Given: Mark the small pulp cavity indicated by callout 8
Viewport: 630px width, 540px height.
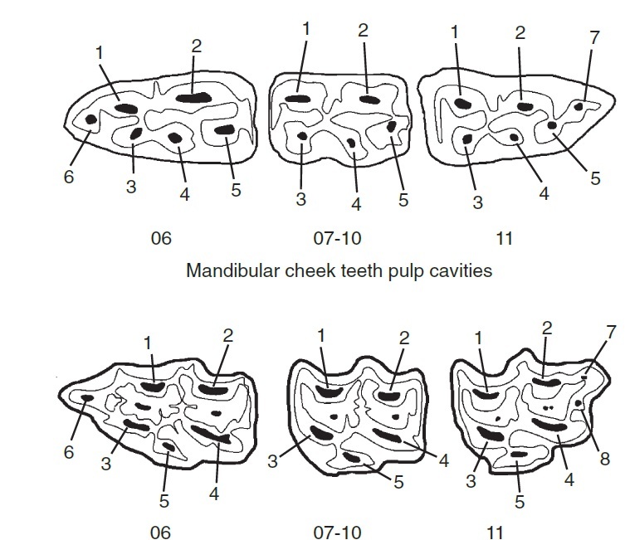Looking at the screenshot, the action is point(579,403).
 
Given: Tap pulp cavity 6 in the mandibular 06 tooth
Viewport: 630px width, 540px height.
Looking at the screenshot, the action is point(91,120).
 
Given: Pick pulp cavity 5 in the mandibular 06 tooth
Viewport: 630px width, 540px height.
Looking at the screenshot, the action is point(226,129).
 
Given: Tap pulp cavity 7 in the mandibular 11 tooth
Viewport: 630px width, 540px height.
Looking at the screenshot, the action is point(579,106).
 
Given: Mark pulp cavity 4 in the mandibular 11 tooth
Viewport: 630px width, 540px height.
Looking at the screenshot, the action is point(515,137).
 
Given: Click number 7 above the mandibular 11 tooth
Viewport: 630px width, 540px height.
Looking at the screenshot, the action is point(594,39).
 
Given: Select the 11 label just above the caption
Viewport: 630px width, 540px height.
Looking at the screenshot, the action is point(504,239).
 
